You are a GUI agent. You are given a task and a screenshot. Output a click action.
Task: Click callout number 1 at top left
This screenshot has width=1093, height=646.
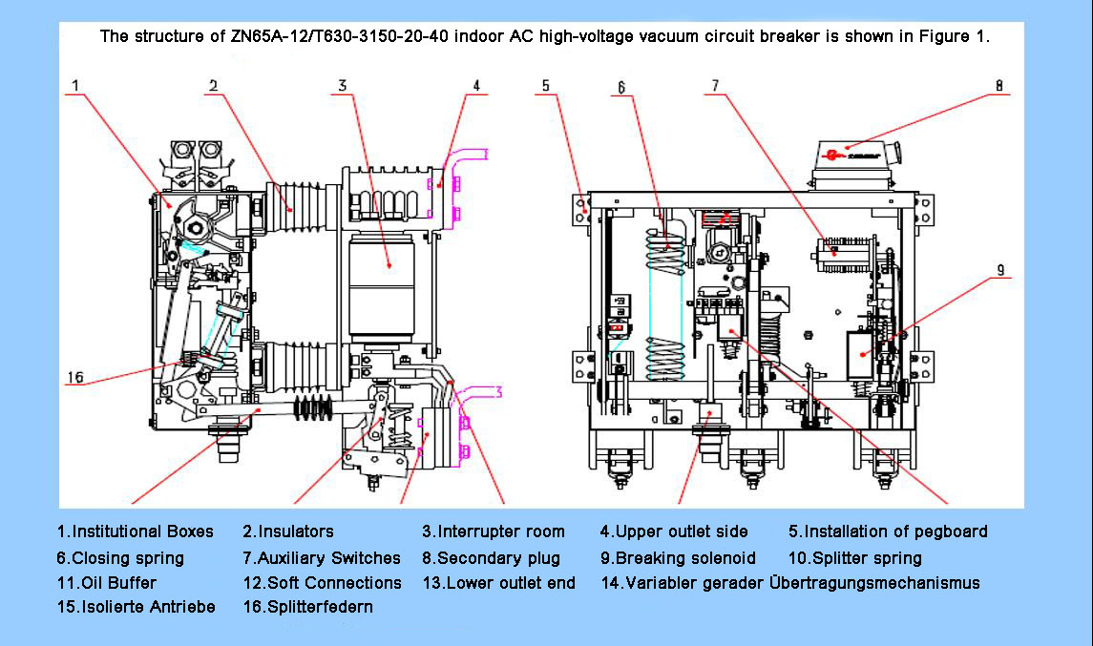coord(75,86)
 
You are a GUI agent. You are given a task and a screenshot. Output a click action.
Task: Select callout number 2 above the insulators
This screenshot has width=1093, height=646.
coord(214,86)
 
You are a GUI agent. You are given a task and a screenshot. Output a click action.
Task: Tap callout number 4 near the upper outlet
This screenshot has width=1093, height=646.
coord(475,86)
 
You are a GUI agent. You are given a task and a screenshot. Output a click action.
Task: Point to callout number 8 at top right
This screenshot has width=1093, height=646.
coord(998,85)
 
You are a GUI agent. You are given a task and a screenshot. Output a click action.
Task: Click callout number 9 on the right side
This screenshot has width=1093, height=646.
coord(1000,270)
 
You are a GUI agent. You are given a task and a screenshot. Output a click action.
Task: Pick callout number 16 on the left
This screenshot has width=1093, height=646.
coord(75,378)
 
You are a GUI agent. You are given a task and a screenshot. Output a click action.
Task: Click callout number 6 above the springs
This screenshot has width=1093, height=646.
coord(620,88)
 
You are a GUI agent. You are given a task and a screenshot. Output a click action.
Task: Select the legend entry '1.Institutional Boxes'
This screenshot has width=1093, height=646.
coord(136,531)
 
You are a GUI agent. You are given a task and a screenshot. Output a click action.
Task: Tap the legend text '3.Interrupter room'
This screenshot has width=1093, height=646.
coord(494,531)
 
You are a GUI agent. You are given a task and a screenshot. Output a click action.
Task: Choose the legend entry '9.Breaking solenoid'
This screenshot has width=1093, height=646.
coord(678,558)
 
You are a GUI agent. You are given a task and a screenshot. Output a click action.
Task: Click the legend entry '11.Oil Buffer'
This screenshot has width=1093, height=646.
coord(106,583)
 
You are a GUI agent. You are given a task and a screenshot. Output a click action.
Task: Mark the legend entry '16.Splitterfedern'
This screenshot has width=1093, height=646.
coord(307,607)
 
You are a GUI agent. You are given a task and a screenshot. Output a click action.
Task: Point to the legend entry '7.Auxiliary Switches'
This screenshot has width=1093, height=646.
coord(322,558)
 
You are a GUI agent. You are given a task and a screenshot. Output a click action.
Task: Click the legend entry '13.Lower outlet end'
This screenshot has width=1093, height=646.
coord(499,583)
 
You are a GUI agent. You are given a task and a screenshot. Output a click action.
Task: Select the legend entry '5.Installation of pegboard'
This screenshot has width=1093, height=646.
coord(888,531)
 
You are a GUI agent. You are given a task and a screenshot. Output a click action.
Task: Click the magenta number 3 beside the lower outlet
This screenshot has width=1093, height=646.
coord(497,391)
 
